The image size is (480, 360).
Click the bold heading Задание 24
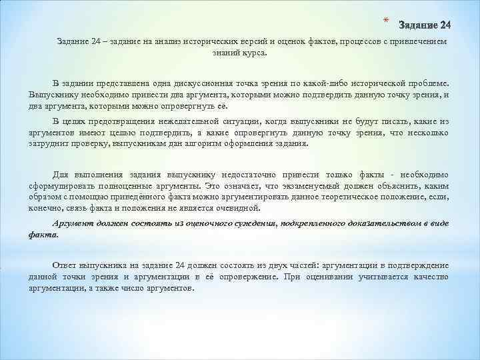pos(424,25)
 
